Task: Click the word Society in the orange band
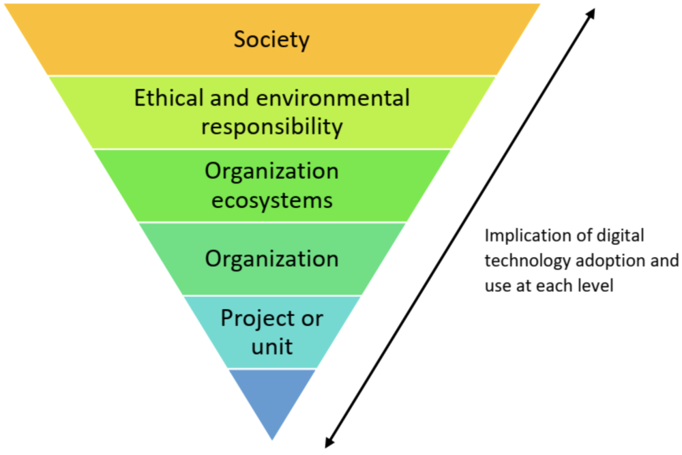(271, 39)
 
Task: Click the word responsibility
(271, 126)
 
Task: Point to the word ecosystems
(271, 200)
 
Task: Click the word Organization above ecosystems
(271, 171)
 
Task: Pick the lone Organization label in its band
(271, 259)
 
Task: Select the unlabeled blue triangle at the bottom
(271, 399)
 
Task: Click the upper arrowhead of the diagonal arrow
(591, 13)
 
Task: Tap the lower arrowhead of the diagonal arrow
(329, 443)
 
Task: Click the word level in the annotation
(597, 285)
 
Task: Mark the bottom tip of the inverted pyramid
(272, 439)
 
